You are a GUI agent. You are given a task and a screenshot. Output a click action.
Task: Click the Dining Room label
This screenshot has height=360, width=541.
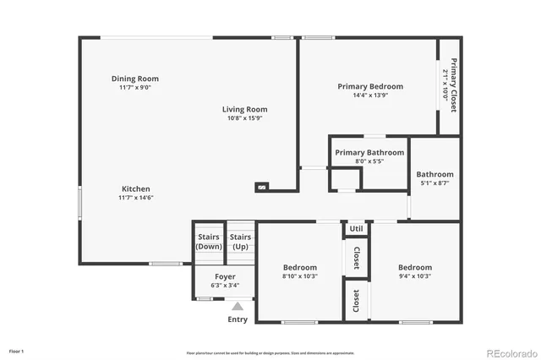pos(135,79)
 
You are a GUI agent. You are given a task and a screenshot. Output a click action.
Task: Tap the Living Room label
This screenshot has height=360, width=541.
pos(245,109)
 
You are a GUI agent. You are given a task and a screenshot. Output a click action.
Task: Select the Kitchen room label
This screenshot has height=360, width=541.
pos(136,188)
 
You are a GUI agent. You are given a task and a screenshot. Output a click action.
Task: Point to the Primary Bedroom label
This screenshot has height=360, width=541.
pos(370,86)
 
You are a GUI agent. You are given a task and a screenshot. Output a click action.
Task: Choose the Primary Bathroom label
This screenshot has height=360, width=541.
pos(369,152)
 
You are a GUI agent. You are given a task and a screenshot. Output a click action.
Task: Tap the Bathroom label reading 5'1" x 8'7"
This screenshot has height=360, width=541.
pos(435,174)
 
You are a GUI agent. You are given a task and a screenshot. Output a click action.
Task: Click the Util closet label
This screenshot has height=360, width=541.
pos(356,228)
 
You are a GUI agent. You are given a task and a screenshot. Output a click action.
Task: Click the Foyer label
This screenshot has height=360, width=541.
pos(225,276)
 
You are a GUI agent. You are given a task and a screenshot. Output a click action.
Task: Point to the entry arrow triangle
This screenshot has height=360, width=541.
pos(238,307)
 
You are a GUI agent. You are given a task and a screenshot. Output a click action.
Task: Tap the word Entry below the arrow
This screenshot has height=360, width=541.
pos(238,319)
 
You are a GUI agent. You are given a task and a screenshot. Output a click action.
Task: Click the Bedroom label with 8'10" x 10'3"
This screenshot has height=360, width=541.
pos(300,267)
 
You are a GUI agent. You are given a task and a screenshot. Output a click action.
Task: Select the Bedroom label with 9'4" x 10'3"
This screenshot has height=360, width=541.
pos(415,267)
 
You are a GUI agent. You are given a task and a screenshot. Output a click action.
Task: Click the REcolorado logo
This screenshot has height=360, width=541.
pos(510,352)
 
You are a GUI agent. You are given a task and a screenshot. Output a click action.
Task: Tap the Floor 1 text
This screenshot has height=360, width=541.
pos(17,351)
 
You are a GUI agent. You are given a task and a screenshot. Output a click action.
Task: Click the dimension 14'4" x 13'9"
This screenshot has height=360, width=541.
pos(370,95)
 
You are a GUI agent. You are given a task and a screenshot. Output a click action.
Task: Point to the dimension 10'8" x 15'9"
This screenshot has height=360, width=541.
pos(245,118)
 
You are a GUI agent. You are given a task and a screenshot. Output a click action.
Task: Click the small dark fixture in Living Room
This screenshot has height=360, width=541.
pos(262,187)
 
